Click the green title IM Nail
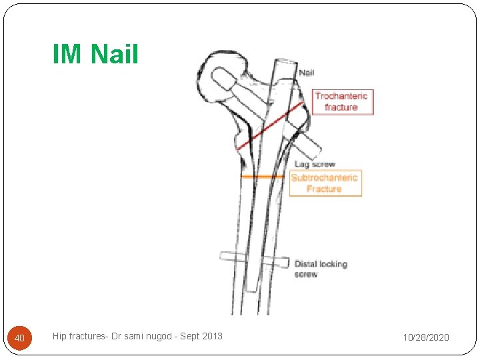point(95,54)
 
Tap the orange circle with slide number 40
point(20,339)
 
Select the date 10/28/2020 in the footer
point(425,338)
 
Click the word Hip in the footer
point(59,336)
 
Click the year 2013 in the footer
point(211,336)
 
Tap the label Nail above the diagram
point(307,72)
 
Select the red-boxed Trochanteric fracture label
point(341,102)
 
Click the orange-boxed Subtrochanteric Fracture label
point(325,183)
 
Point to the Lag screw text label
point(315,164)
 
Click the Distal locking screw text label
point(321,269)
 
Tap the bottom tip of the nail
point(251,289)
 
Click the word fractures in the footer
point(89,336)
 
